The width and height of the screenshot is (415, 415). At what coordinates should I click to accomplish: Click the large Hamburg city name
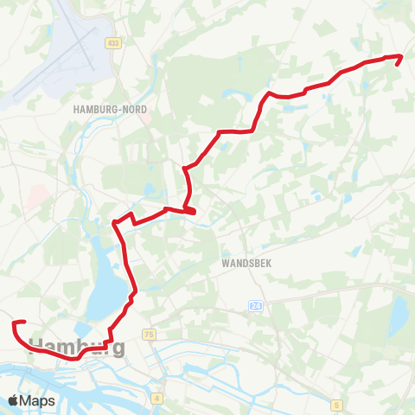78,347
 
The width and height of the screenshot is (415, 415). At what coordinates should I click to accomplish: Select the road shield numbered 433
112,42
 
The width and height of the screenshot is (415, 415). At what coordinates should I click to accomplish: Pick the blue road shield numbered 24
255,307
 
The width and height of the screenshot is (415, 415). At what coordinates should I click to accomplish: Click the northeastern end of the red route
399,57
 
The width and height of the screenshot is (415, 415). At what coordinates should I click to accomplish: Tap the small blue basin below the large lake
86,329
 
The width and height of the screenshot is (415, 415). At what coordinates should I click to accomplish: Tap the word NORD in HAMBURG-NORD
133,110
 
